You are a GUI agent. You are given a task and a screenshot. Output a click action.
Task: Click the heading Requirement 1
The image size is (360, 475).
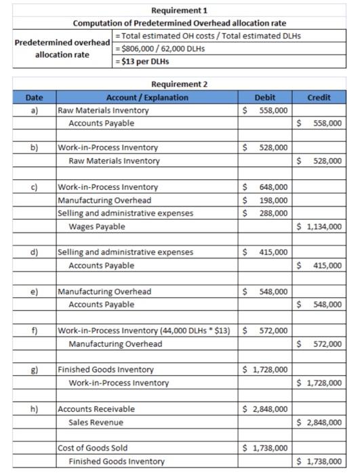180,10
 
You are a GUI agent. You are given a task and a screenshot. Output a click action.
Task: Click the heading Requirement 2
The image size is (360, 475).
180,84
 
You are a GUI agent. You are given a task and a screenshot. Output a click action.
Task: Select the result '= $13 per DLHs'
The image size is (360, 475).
144,62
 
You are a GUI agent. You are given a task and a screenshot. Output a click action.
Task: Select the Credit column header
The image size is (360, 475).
319,97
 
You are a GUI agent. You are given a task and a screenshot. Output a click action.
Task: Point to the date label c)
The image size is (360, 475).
33,187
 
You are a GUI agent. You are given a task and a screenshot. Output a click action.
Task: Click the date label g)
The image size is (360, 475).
33,370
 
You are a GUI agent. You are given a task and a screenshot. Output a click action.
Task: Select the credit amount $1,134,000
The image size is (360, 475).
319,226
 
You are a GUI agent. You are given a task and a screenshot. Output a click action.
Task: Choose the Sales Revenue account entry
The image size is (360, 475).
96,422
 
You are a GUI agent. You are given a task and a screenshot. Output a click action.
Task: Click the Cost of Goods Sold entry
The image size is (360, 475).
92,448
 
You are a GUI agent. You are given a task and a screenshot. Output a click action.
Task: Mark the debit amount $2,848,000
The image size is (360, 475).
265,409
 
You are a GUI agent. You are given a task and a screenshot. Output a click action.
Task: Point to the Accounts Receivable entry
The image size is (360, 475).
96,409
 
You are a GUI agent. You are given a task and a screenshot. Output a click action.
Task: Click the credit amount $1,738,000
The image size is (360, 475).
319,461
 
